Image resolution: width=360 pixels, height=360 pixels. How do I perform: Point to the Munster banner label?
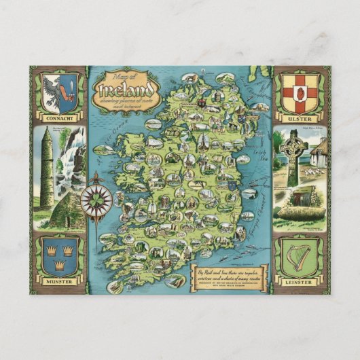pos(59,278)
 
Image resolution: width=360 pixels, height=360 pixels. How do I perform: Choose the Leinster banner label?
pos(300,278)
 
